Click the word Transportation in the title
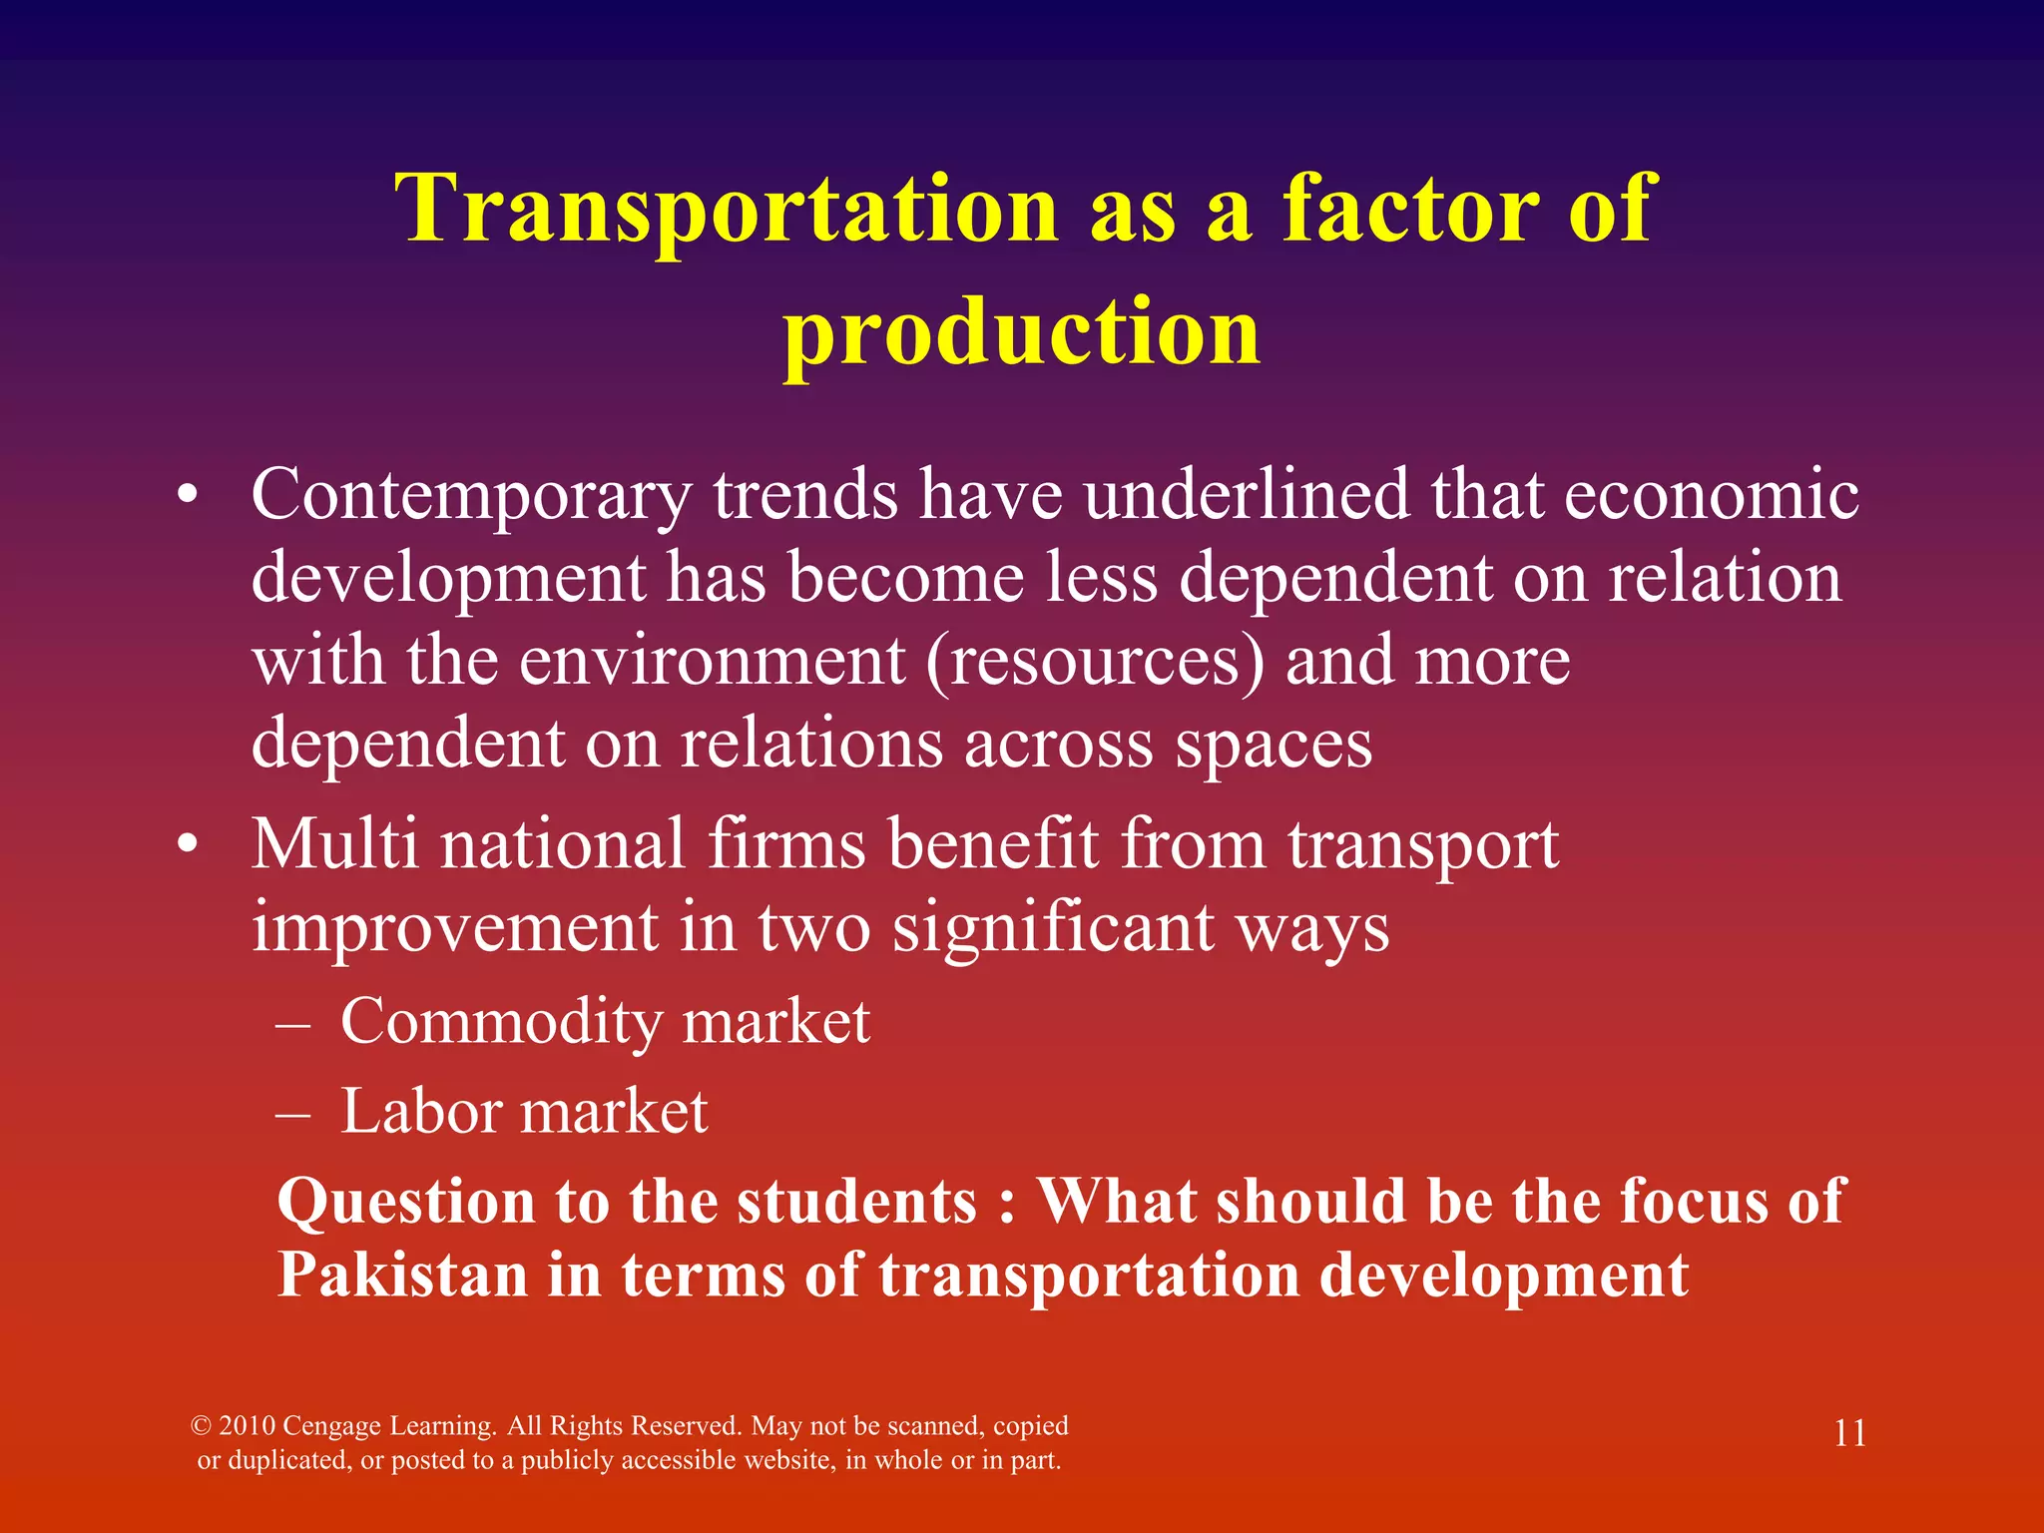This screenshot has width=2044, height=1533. (x=726, y=209)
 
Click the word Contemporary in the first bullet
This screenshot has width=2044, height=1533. (x=471, y=496)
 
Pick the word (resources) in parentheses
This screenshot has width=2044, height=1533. (x=1095, y=661)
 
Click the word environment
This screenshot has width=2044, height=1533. (x=712, y=661)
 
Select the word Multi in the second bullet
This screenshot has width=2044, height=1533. (x=334, y=843)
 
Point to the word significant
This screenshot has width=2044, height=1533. (x=1053, y=928)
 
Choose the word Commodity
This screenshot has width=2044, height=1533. (x=501, y=1023)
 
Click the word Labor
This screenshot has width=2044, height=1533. (x=420, y=1111)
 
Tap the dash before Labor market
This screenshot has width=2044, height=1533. (x=293, y=1113)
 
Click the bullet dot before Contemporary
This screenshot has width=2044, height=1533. (x=188, y=496)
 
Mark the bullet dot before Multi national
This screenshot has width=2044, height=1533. (x=188, y=845)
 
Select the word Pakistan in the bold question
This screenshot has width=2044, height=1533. (x=401, y=1275)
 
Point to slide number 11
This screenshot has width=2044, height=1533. (x=1849, y=1433)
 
